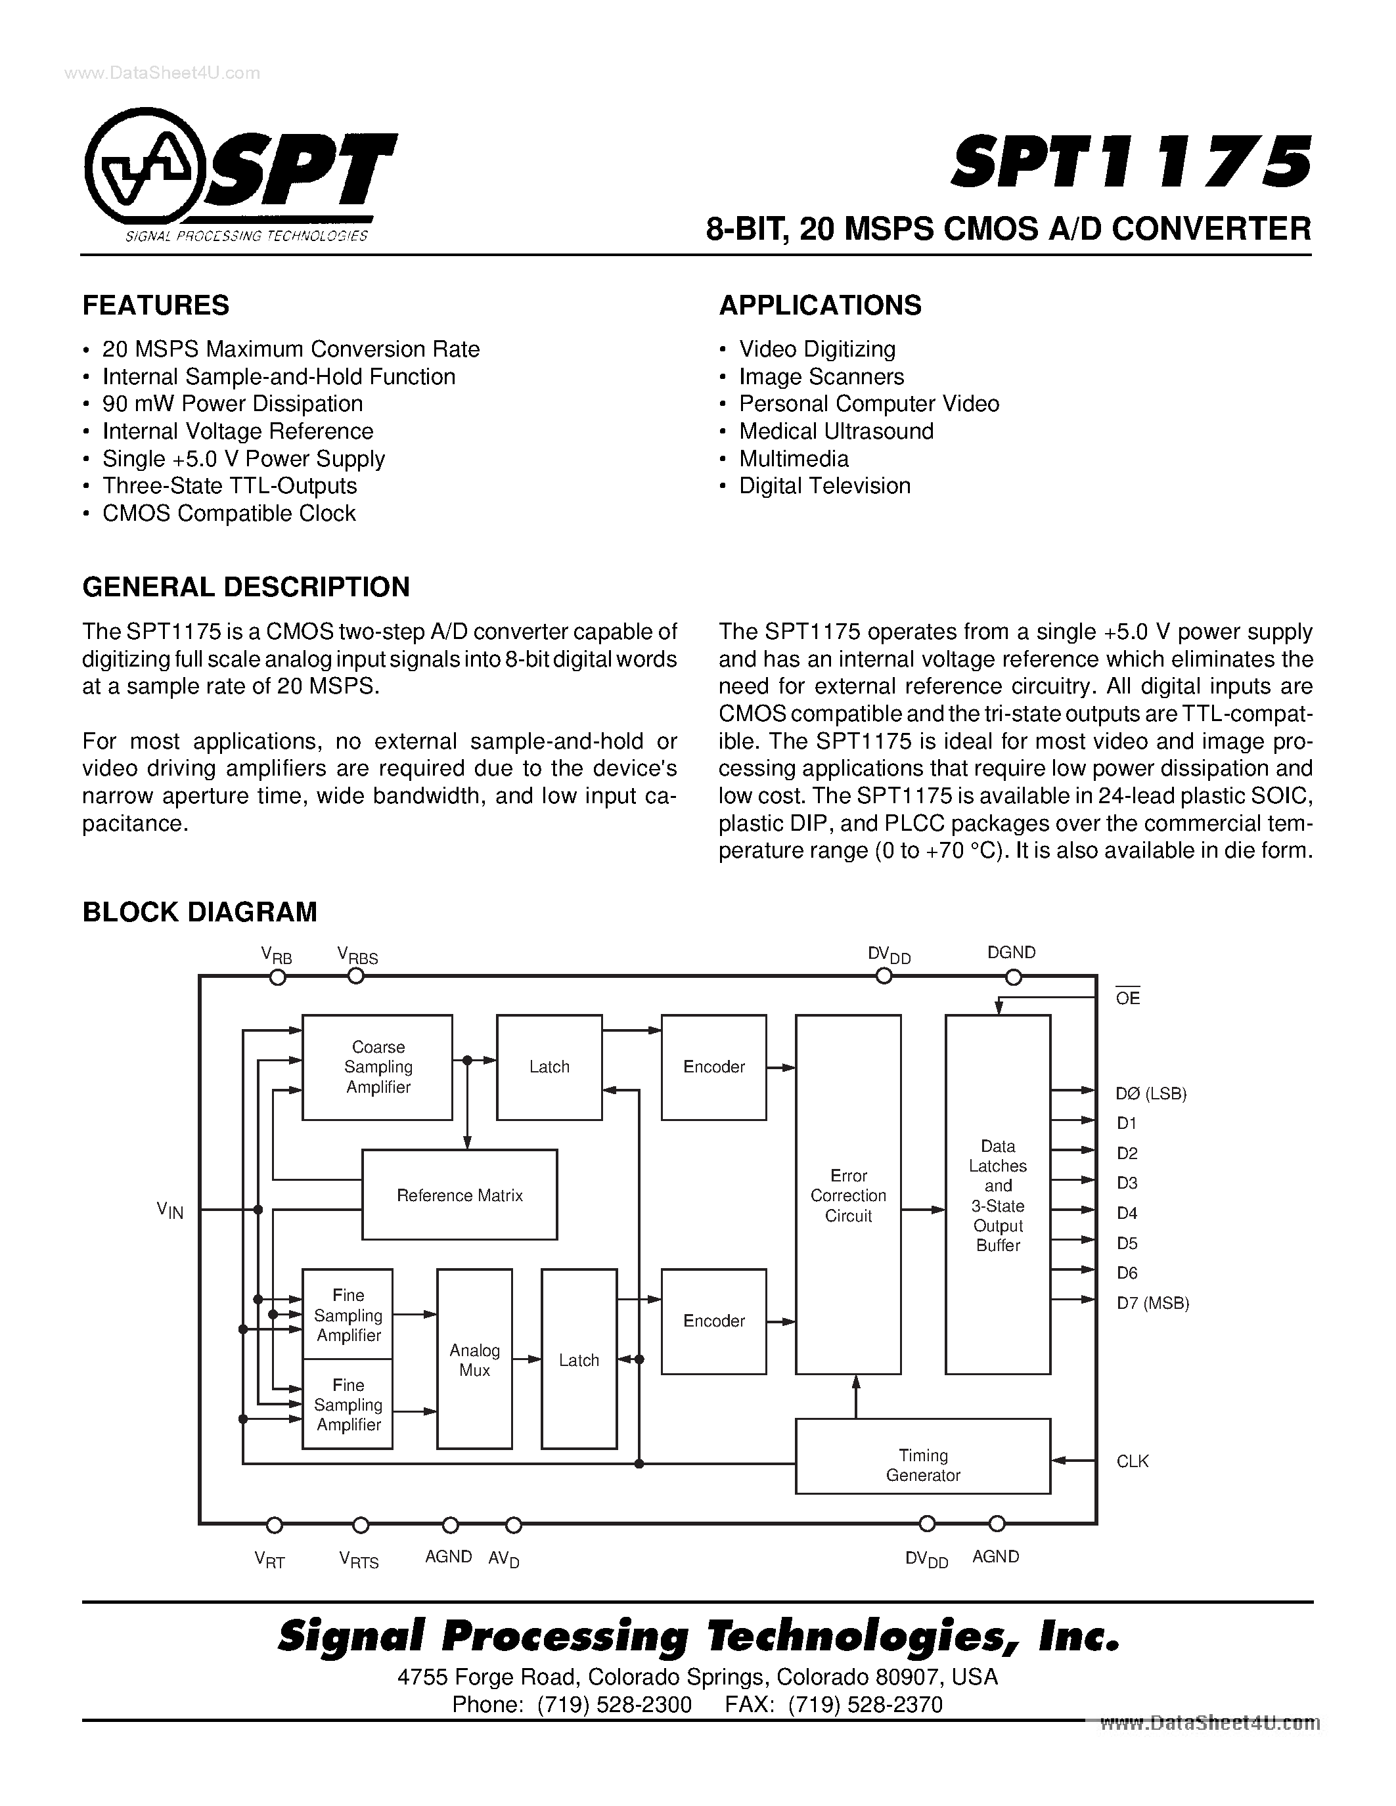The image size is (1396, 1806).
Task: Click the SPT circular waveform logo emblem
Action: [143, 169]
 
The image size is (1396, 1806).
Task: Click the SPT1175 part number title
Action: [1131, 163]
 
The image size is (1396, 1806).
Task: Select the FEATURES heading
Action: [156, 305]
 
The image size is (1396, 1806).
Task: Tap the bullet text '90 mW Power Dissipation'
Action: [233, 403]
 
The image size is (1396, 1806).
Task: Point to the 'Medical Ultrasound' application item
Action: [836, 431]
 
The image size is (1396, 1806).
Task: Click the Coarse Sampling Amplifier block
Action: [377, 1067]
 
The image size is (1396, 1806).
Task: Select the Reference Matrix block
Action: [460, 1195]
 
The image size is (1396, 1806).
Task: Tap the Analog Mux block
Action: [475, 1359]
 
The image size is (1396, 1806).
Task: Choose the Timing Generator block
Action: [923, 1465]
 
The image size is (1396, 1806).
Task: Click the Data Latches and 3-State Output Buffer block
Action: [998, 1195]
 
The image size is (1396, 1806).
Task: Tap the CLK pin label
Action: [1132, 1461]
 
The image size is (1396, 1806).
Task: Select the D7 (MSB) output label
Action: [1152, 1303]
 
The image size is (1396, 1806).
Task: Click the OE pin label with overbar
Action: [1127, 998]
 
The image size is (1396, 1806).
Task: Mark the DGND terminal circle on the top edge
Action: [1013, 977]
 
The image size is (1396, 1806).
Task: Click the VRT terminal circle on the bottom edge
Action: [275, 1525]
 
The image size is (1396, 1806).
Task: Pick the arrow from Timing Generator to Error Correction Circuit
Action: [857, 1397]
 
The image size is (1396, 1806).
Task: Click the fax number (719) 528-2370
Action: [865, 1704]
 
